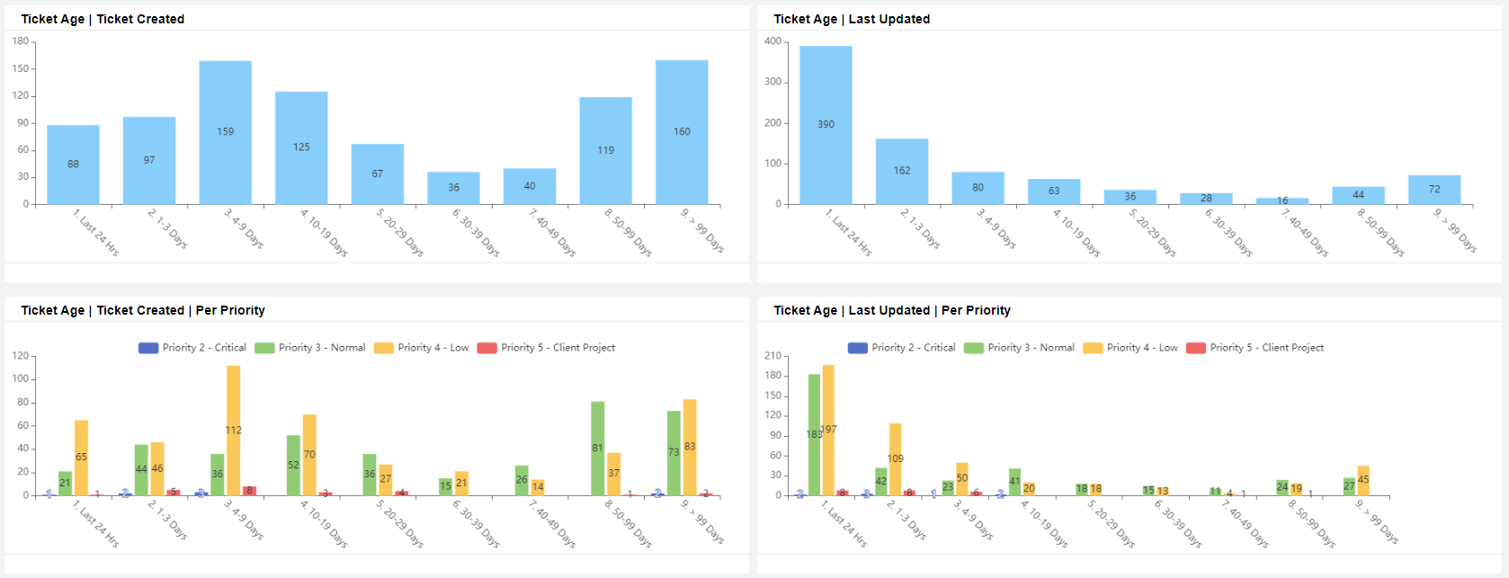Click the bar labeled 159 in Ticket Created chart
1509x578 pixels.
click(x=225, y=132)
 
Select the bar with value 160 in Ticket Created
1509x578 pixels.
click(x=682, y=132)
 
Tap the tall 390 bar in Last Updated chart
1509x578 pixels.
click(x=826, y=125)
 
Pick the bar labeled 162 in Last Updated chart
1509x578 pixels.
click(x=902, y=171)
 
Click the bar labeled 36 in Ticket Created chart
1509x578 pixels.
click(x=453, y=188)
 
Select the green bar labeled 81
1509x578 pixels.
click(x=597, y=448)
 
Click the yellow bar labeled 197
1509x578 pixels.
click(x=828, y=430)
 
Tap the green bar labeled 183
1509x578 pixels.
click(x=814, y=434)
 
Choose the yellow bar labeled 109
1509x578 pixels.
click(x=895, y=458)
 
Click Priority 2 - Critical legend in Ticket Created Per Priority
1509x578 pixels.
click(x=192, y=348)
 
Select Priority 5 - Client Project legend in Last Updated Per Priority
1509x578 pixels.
click(x=1255, y=348)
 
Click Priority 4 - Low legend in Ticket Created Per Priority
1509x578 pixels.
click(x=422, y=348)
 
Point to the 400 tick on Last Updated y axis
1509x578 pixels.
click(x=772, y=41)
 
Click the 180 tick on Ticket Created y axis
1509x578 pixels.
click(x=20, y=41)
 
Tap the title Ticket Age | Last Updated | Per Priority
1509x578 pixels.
click(x=891, y=310)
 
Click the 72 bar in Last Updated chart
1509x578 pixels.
click(x=1434, y=190)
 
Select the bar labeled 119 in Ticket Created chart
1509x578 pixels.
click(x=605, y=150)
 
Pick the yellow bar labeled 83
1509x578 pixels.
click(x=690, y=447)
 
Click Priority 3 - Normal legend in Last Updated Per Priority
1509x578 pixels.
click(x=1019, y=348)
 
